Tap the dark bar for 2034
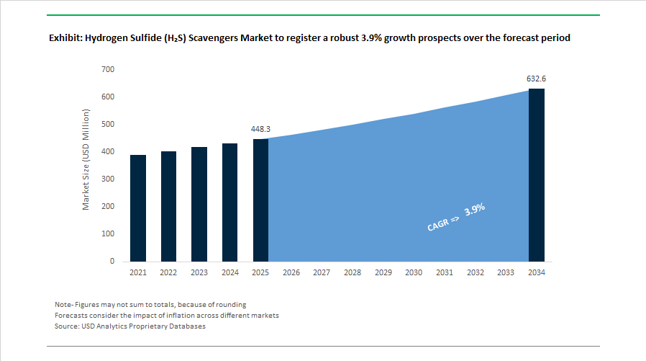coord(537,175)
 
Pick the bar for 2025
coord(260,200)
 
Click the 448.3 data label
coord(260,129)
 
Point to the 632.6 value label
coord(537,79)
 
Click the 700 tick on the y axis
coord(109,69)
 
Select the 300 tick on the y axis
coord(109,179)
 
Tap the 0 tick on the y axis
coord(112,261)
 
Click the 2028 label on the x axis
coord(352,272)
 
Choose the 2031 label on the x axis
coord(445,272)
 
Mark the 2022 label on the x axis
coord(168,272)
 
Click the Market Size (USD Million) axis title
coord(86,159)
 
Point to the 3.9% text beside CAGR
coord(475,210)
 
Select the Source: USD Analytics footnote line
coord(130,326)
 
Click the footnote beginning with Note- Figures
coord(150,304)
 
